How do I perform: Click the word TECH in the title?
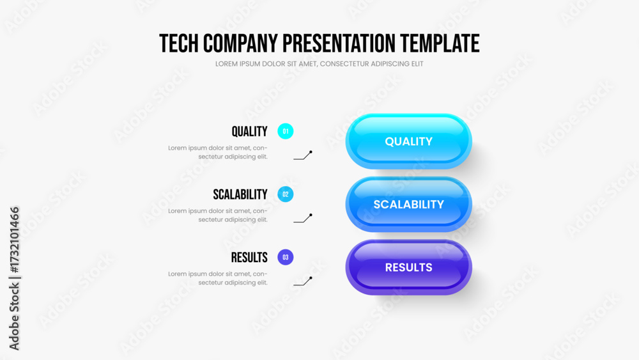[x=179, y=43]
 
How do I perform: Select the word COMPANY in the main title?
[x=240, y=43]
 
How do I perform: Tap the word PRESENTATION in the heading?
[x=339, y=43]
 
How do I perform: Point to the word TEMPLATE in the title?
[x=440, y=43]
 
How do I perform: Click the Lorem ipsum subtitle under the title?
[x=319, y=64]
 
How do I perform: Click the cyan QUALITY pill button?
[x=409, y=141]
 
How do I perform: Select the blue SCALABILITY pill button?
[x=409, y=204]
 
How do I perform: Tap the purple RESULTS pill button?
[x=409, y=267]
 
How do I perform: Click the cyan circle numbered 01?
[x=285, y=131]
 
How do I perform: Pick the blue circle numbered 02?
[x=285, y=194]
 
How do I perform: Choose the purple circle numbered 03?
[x=285, y=257]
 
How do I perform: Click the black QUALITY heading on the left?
[x=249, y=132]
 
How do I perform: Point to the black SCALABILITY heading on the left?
[x=240, y=194]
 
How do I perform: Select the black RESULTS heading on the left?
[x=249, y=258]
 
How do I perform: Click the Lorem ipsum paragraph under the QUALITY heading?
[x=218, y=152]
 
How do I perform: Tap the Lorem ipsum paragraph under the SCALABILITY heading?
[x=218, y=215]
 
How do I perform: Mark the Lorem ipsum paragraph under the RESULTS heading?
[x=218, y=278]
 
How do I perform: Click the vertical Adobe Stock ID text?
[x=14, y=278]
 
